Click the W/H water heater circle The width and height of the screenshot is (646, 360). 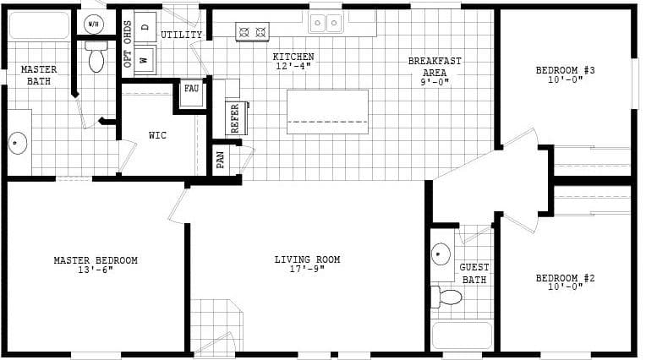93,22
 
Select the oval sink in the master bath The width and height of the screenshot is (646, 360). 18,143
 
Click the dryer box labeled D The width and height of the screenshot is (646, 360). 145,26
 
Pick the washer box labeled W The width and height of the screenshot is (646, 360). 145,60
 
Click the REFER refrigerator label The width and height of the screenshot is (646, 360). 235,118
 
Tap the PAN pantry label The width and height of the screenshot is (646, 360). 221,160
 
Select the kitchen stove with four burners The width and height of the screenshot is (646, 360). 252,32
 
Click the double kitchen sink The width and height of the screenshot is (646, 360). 326,23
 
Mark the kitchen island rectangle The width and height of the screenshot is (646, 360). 328,112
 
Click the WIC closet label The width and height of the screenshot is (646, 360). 157,135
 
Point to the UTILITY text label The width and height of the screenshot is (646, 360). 181,35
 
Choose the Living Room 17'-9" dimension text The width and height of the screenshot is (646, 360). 308,270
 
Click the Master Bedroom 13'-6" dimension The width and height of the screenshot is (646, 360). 96,270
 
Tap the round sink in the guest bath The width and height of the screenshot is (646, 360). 441,254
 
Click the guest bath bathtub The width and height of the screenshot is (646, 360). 462,335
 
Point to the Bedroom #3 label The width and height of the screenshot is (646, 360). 566,70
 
